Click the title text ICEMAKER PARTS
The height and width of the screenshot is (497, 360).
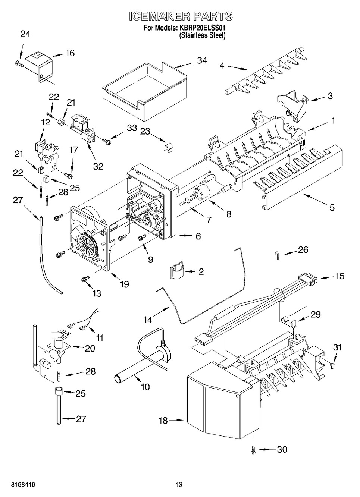(181, 16)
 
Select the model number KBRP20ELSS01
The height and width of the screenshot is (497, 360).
(203, 28)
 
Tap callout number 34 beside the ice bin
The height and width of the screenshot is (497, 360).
(202, 60)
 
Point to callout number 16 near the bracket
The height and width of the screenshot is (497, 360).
(70, 53)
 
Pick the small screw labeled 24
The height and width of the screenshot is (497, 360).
(19, 64)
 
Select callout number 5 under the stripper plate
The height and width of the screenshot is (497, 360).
(332, 207)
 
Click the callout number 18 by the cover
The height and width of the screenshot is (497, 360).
(163, 420)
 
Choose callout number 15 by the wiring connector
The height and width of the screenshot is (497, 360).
(339, 276)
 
